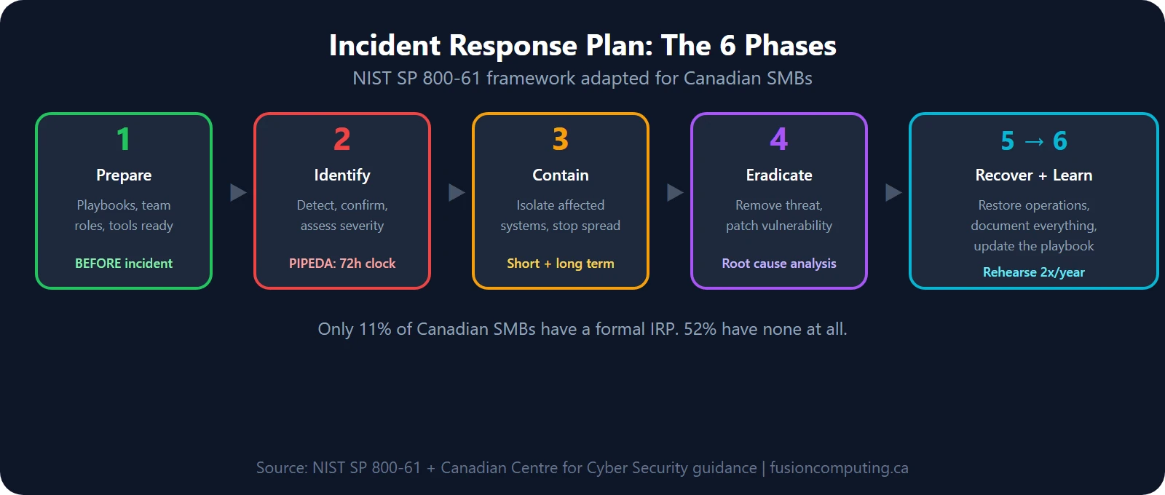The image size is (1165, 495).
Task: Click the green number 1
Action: coord(124,139)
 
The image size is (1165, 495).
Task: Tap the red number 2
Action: coord(342,139)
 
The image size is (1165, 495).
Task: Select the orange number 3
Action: coord(561,139)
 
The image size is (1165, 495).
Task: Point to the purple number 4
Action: coord(779,139)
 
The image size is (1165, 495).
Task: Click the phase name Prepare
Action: coord(124,175)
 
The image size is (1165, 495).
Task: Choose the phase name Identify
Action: coord(342,175)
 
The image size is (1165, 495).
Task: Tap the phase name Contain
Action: coord(561,175)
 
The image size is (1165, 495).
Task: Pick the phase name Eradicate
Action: coord(779,175)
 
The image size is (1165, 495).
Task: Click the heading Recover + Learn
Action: coord(1034,175)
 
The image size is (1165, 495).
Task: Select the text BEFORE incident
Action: coord(124,264)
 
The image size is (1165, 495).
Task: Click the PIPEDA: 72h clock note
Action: coord(342,264)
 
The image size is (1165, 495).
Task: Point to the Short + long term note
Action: coord(561,264)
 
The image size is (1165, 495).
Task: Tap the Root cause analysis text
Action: coord(779,264)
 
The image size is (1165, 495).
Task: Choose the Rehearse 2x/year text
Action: coord(1034,272)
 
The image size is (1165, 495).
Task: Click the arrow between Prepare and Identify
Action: coord(238,192)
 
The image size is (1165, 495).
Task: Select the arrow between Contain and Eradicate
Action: coord(675,192)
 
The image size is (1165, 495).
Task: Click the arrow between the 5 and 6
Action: coord(1034,141)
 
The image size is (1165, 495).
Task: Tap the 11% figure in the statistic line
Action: coord(375,329)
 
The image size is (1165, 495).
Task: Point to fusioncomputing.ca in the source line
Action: coord(839,468)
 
